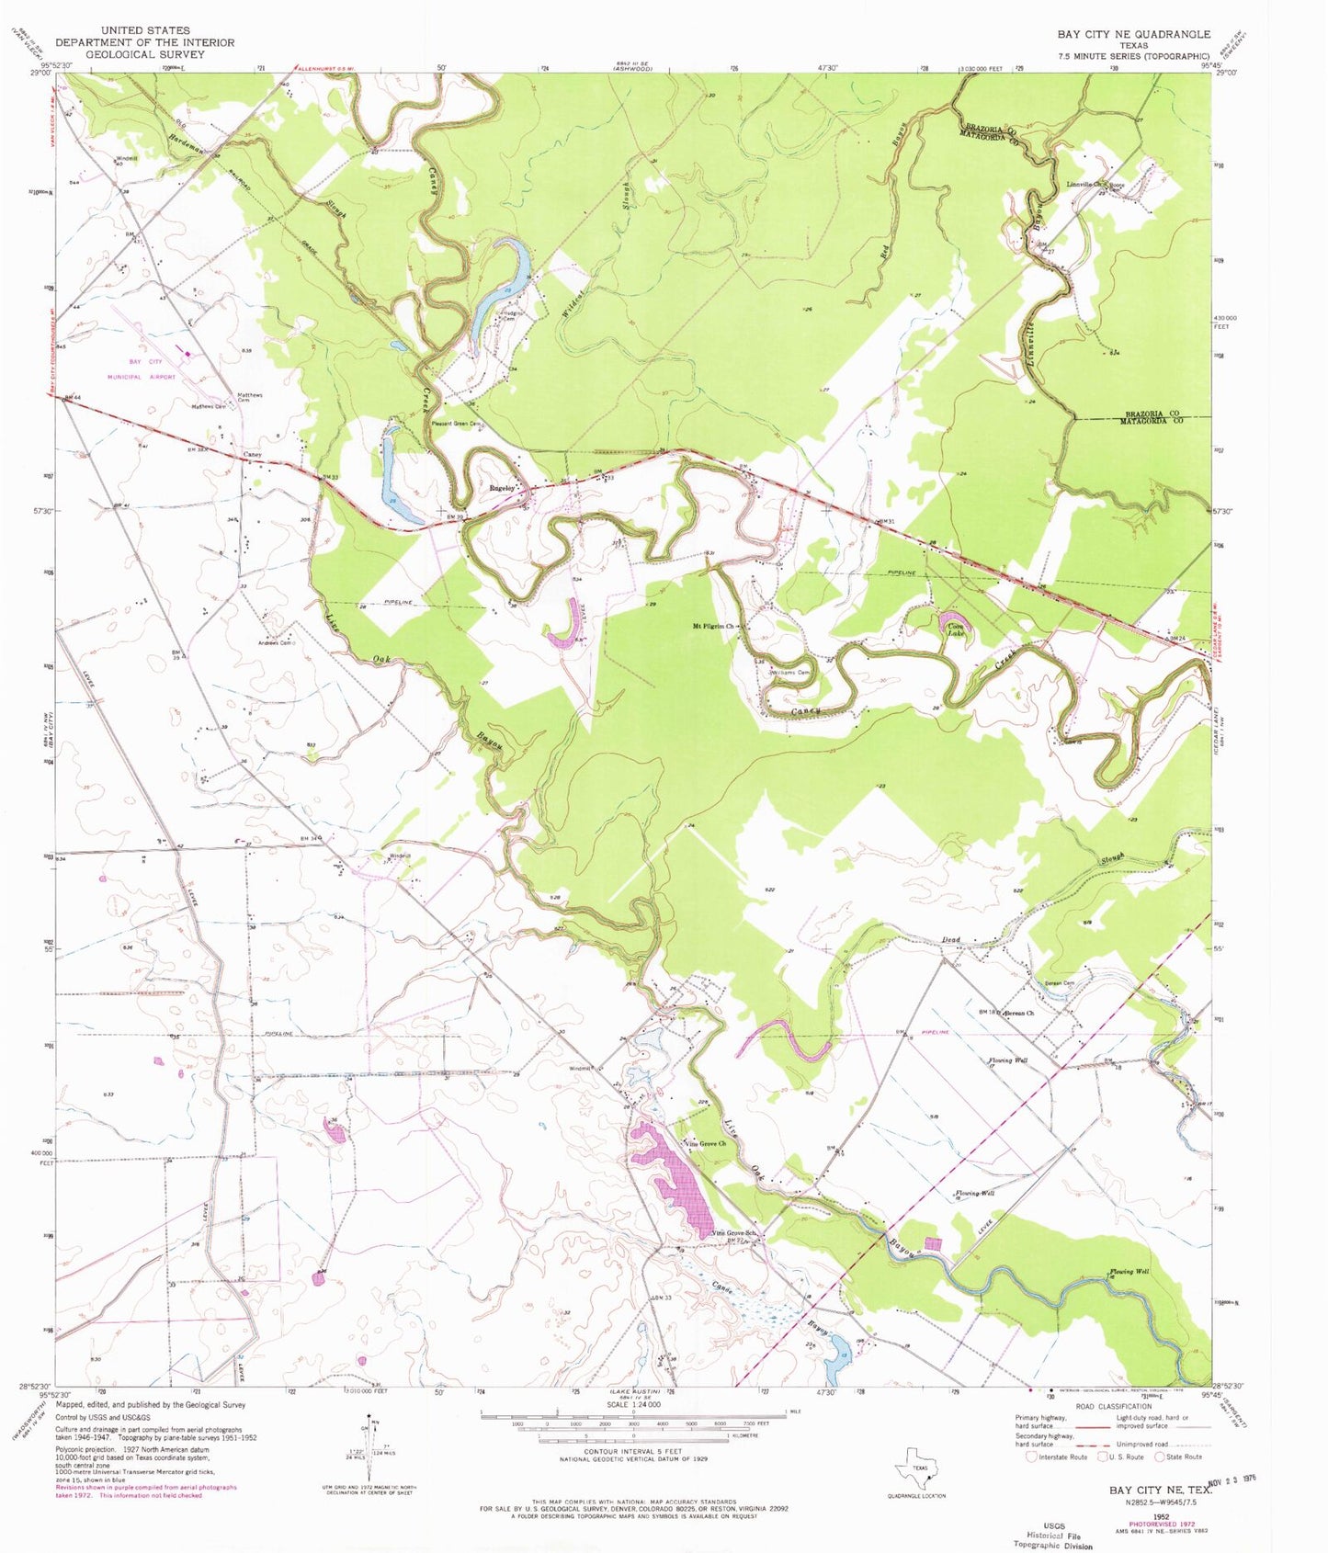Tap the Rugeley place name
[502, 488]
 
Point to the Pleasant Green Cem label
[457, 424]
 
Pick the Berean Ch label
[1018, 1014]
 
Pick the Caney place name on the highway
[253, 455]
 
